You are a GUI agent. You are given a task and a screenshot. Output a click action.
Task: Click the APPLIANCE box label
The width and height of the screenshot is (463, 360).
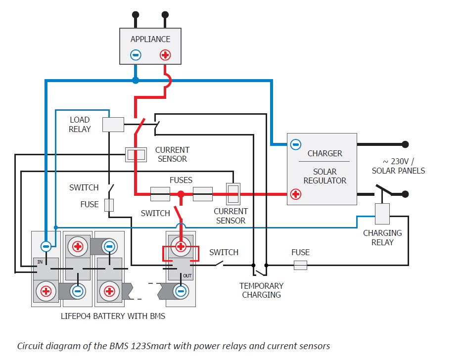tap(150, 39)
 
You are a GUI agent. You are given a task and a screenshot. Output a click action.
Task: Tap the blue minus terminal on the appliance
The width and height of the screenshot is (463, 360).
tap(136, 55)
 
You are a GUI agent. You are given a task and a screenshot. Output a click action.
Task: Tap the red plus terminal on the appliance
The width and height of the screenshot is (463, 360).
tap(165, 55)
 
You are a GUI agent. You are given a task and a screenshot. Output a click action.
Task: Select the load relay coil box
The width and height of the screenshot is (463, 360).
tap(113, 125)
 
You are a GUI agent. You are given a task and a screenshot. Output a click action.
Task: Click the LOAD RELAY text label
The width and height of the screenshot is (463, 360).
tap(80, 125)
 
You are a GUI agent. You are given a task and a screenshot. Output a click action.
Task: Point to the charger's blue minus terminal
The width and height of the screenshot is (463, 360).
tap(295, 144)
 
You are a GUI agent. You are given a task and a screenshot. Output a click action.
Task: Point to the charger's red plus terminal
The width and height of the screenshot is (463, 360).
tap(295, 194)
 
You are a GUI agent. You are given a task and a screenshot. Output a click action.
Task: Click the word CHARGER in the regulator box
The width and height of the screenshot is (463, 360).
tap(324, 153)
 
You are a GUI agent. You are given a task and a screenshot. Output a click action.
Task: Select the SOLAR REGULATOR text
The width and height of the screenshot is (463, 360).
tap(324, 176)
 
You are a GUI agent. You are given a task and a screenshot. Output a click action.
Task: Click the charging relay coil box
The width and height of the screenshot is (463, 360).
tap(382, 214)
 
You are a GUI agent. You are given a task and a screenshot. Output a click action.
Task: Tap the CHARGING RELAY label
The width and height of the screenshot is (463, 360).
tap(382, 237)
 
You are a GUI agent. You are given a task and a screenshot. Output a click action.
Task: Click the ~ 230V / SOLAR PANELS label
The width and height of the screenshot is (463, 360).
tap(398, 166)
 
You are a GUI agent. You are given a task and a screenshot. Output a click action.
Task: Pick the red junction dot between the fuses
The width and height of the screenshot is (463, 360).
tap(181, 194)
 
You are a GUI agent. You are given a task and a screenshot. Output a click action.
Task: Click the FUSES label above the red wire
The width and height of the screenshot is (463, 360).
tap(181, 180)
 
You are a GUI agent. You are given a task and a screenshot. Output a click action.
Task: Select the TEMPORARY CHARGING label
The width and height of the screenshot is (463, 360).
tap(261, 290)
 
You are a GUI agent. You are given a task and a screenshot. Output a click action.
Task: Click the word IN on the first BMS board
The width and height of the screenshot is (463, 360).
tap(40, 261)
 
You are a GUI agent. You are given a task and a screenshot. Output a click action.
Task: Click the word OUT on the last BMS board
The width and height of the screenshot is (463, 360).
tap(187, 275)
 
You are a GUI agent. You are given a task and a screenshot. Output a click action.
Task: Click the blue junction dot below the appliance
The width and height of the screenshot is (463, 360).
tap(136, 80)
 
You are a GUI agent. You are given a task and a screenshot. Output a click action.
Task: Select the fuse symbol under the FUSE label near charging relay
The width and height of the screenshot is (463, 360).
tap(300, 266)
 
